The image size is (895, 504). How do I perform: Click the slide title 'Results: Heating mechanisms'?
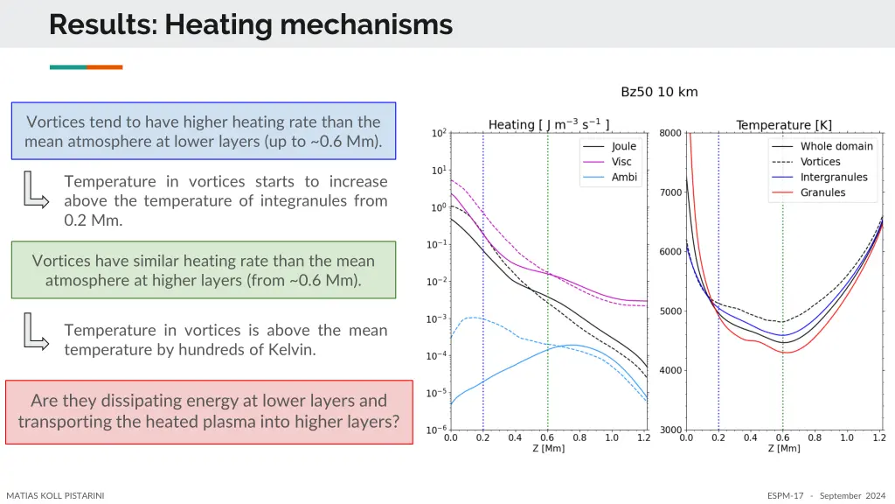(x=251, y=24)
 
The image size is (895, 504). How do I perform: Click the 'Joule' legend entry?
(x=623, y=147)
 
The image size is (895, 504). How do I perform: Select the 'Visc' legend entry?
(x=621, y=162)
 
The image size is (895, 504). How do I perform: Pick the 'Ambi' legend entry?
(x=623, y=177)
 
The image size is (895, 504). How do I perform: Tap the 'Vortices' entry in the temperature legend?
(x=820, y=162)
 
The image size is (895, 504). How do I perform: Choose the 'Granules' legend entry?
(x=822, y=192)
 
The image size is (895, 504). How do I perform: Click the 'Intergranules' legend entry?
(x=834, y=177)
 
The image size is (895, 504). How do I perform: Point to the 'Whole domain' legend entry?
(x=836, y=146)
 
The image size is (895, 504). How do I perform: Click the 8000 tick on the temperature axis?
(x=670, y=133)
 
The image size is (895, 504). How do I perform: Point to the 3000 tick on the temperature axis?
(x=670, y=430)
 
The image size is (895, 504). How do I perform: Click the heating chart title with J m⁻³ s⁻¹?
(x=548, y=124)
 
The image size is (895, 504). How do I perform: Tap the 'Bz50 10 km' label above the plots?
(x=659, y=92)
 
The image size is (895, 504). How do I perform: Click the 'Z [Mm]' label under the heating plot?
(x=548, y=448)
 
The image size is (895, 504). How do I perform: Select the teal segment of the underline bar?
(x=67, y=67)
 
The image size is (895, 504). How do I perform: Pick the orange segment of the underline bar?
(x=104, y=67)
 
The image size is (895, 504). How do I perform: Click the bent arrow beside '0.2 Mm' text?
(x=36, y=190)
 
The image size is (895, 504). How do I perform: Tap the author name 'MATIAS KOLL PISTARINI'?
(x=55, y=495)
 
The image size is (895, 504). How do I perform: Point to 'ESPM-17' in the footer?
(x=785, y=495)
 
